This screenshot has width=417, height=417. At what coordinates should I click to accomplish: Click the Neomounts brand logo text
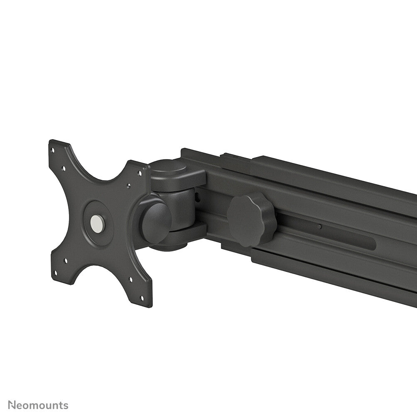pyautogui.click(x=38, y=405)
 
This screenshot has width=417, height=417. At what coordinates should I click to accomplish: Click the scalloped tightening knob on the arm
pyautogui.click(x=252, y=219)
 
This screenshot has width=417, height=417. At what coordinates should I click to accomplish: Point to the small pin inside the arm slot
pyautogui.click(x=319, y=227)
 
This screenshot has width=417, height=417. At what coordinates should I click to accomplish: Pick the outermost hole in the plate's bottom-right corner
pyautogui.click(x=142, y=298)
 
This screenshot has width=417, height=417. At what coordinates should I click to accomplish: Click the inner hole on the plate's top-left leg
pyautogui.click(x=63, y=169)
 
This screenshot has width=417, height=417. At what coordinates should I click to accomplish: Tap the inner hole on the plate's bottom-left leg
pyautogui.click(x=66, y=261)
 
